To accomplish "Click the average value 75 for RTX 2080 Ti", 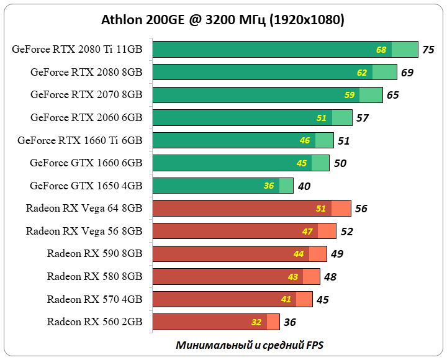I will point(428,50).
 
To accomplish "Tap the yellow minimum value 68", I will point(381,50).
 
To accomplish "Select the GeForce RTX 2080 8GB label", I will point(86,72).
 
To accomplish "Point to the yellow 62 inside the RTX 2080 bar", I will point(362,73).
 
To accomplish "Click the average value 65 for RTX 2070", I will point(392,95).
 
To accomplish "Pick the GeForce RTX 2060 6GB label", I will point(86,117).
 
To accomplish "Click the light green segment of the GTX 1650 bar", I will point(286,186).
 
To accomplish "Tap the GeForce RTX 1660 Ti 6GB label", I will point(80,140).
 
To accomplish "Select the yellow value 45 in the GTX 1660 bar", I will point(302,163).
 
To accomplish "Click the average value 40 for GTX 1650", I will point(304,186).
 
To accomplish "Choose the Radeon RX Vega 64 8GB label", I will point(84,209).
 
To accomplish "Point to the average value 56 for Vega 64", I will point(361,209).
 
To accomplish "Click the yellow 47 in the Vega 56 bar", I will point(307,232).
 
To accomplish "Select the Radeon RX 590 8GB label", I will point(94,253).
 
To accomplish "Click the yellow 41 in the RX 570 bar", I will point(286,299).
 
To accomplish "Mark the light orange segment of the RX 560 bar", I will point(273,322).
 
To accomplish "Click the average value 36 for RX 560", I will point(289,322).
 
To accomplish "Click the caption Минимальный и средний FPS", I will point(250,344).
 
